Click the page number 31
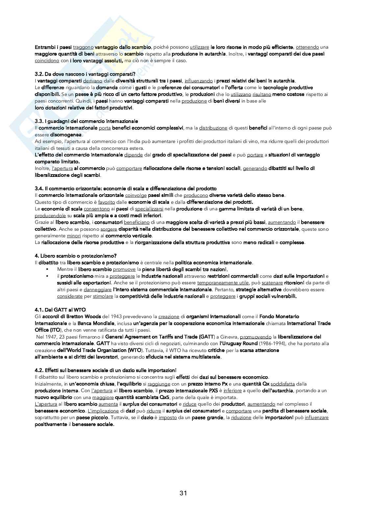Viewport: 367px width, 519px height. [183, 493]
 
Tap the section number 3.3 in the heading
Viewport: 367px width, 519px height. [39, 121]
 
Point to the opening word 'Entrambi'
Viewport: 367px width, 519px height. [44, 47]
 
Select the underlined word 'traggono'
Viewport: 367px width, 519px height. [83, 47]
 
